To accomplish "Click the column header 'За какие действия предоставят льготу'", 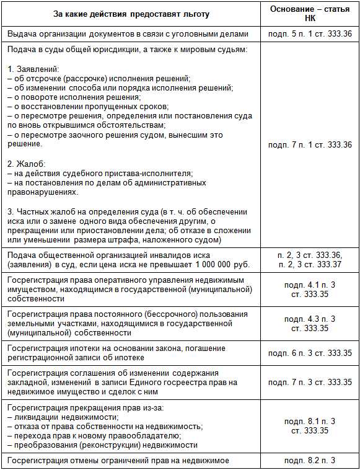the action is point(131,14).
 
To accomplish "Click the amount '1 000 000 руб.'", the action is point(221,265).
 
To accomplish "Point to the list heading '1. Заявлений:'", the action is point(32,69).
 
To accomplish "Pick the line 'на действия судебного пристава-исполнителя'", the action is point(94,173).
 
